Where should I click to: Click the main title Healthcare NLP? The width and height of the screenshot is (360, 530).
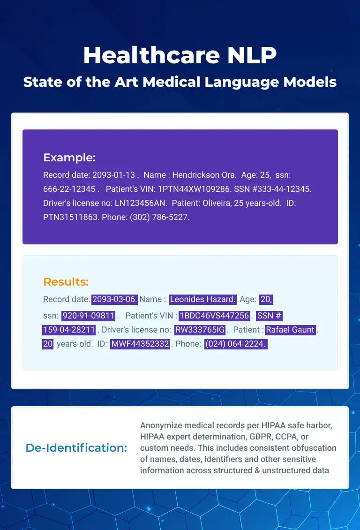(180, 55)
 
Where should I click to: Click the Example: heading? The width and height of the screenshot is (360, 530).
(69, 158)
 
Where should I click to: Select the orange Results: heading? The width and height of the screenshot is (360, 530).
(66, 281)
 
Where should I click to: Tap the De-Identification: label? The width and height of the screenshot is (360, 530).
(76, 447)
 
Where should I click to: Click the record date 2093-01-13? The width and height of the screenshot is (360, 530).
(114, 175)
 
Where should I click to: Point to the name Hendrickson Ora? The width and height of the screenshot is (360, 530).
(204, 175)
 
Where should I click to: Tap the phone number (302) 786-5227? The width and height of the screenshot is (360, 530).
(160, 217)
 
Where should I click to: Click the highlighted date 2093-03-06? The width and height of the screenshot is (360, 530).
(114, 299)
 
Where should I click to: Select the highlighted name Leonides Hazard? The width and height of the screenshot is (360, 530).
(202, 299)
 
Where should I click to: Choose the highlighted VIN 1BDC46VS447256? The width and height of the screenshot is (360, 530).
(214, 316)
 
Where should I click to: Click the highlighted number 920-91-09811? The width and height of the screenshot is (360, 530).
(89, 316)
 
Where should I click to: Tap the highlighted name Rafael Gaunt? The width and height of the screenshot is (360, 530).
(291, 330)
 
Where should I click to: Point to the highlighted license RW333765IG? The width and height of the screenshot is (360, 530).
(200, 330)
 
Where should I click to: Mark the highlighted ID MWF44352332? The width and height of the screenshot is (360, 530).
(140, 344)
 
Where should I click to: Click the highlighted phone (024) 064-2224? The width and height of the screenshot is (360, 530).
(236, 344)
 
